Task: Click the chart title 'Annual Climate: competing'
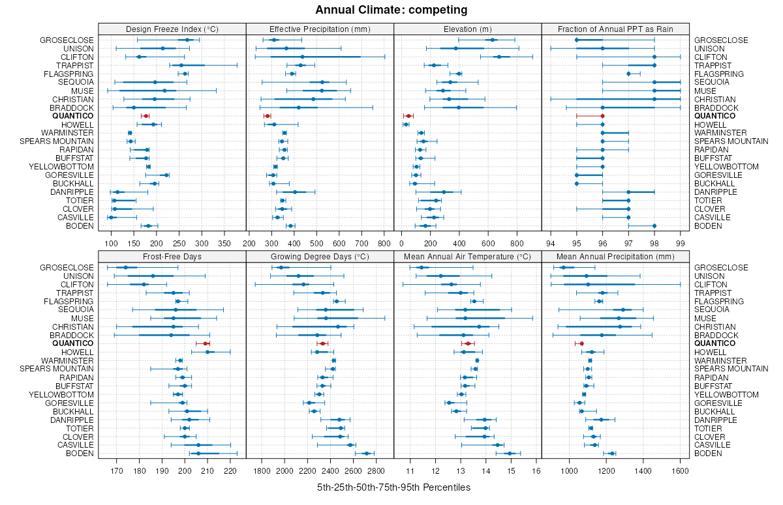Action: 391,10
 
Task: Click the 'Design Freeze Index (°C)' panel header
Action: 172,29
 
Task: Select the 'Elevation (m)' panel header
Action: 468,29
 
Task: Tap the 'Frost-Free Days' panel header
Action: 172,257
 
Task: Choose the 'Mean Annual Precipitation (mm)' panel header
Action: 615,257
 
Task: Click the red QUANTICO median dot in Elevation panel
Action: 409,116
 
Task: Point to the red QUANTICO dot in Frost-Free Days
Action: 206,343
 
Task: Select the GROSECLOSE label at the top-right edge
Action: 720,40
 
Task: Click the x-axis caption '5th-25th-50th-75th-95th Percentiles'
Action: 393,487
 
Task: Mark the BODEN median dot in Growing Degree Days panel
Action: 367,454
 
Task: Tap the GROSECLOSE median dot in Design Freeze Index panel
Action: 187,40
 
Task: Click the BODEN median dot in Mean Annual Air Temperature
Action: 510,454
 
